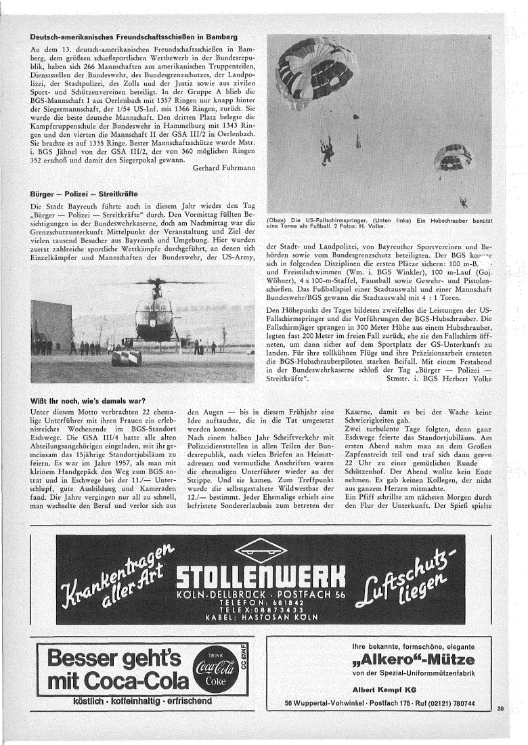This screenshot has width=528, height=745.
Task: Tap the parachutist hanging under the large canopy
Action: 328,151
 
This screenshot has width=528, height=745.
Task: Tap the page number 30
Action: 500,709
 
